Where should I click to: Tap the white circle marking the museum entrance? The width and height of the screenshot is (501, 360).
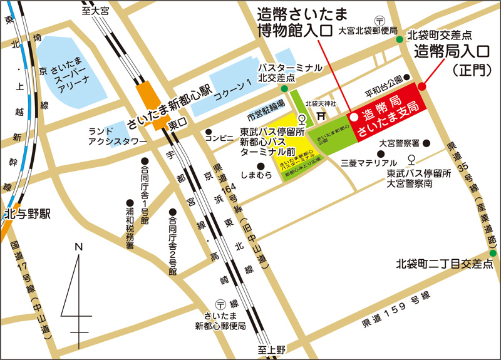353,116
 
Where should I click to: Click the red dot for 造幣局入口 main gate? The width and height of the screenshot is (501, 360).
422,86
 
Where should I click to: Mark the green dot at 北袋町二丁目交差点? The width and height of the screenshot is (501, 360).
492,253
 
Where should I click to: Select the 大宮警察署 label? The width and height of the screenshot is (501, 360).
400,143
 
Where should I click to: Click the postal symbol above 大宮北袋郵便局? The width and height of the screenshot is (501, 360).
379,20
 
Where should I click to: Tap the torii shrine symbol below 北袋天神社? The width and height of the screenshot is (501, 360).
321,115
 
